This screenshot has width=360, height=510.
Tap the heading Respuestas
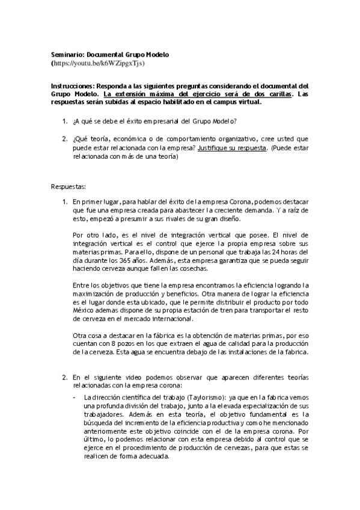click(68, 186)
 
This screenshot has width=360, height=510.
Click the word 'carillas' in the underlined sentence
click(280, 94)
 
